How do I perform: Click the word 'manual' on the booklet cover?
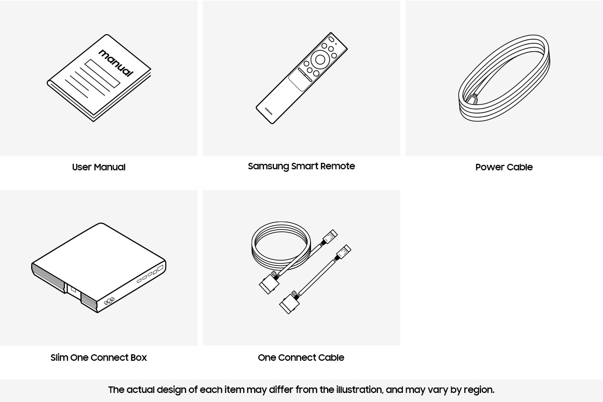click(x=116, y=62)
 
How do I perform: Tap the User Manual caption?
click(x=98, y=167)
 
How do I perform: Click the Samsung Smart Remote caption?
click(x=301, y=166)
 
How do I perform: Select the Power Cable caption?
click(x=504, y=167)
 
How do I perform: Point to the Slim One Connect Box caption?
click(x=98, y=358)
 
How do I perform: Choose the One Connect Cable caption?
click(x=300, y=358)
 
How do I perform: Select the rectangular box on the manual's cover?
click(x=103, y=73)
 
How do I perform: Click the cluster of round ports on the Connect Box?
click(x=109, y=301)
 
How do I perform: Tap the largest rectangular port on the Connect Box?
click(x=160, y=269)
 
